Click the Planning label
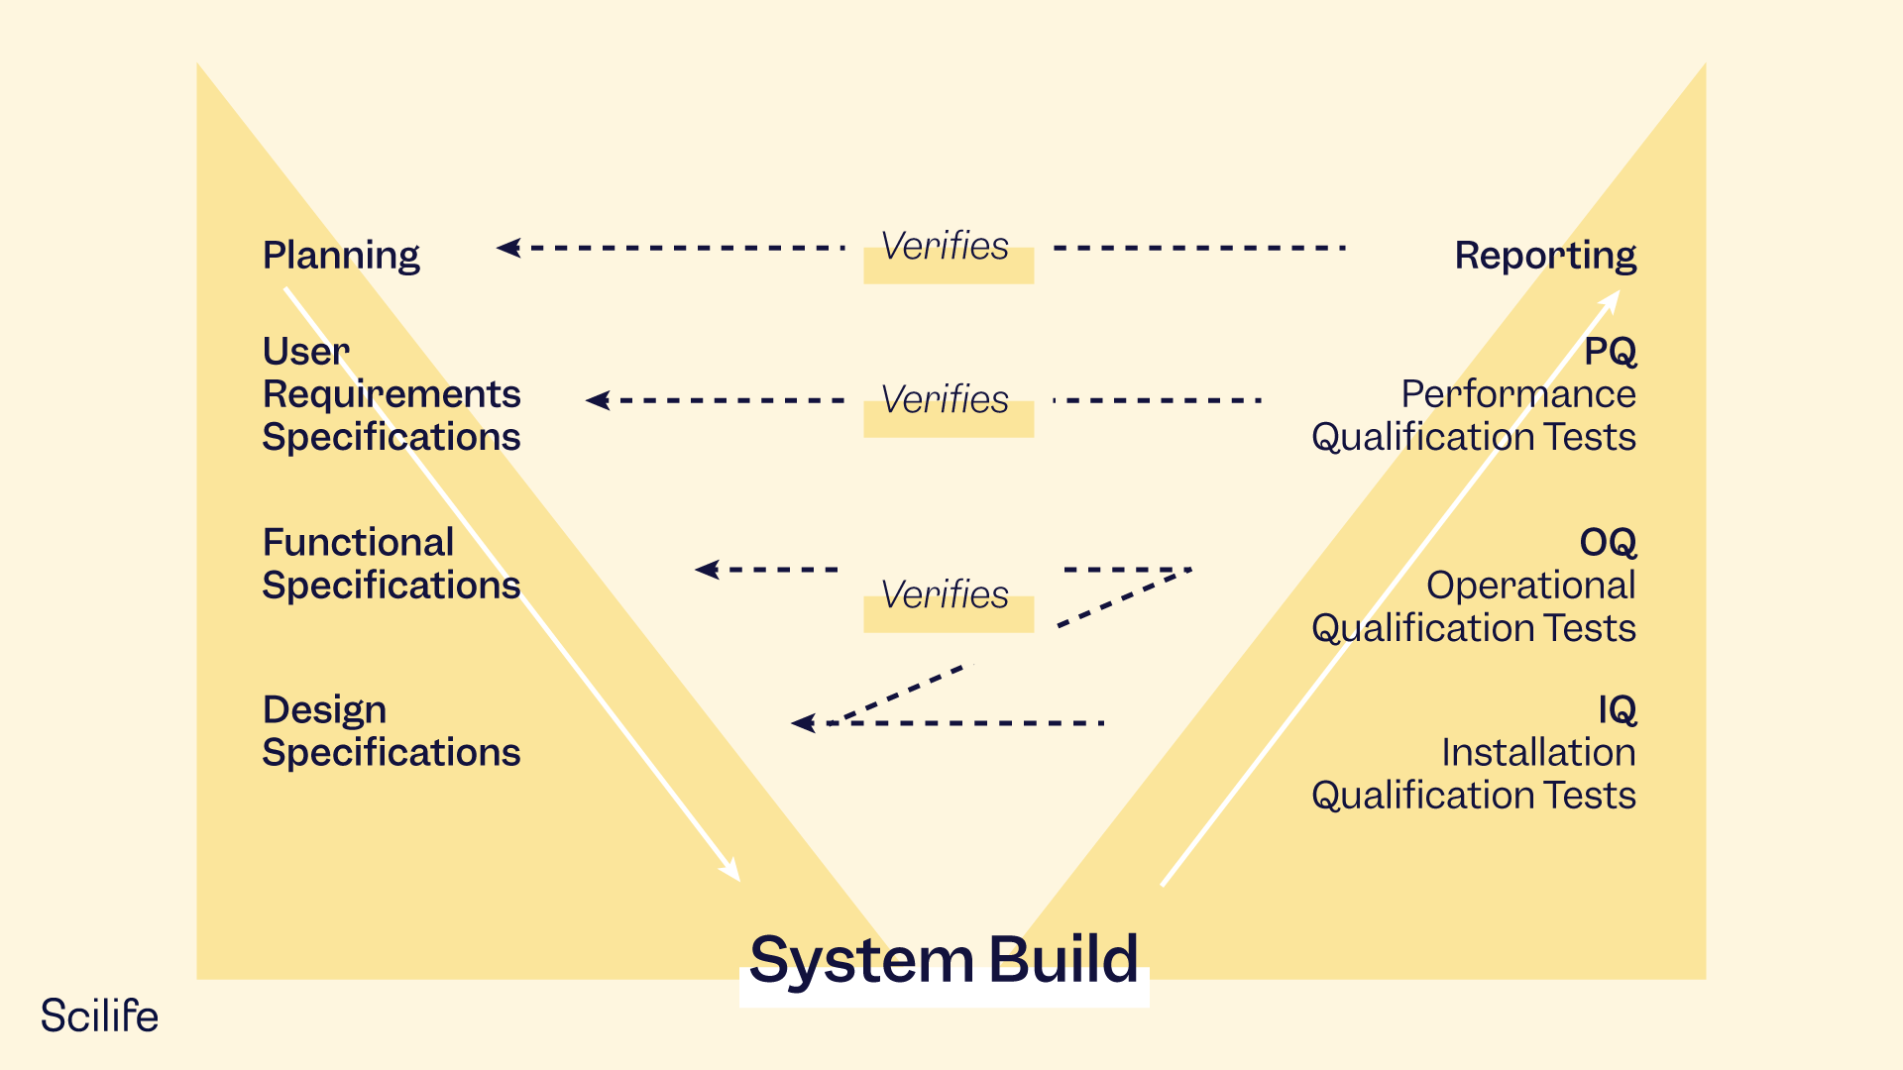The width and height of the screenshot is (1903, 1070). tap(341, 256)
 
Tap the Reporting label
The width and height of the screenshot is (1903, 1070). tap(1544, 256)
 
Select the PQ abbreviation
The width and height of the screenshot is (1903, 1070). tap(1610, 352)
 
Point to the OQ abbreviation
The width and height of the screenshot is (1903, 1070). tap(1607, 543)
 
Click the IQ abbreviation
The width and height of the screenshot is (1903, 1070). tap(1617, 710)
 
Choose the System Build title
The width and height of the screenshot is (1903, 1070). tap(944, 959)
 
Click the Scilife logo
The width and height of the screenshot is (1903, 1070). tap(99, 1016)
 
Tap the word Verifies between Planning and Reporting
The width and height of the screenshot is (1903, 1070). tap(945, 246)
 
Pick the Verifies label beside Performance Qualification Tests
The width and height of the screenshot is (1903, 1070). tap(945, 399)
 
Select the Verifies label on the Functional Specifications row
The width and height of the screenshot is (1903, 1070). tap(945, 594)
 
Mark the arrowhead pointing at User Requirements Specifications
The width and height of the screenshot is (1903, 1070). tap(598, 400)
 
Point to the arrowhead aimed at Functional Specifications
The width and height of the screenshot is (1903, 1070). tap(707, 570)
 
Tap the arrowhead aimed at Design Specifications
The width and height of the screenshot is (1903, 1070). tap(803, 723)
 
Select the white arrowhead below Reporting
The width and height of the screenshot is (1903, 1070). tap(1612, 299)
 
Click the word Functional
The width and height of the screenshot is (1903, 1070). tap(358, 543)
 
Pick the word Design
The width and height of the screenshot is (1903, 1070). tap(324, 710)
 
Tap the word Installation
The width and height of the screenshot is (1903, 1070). tap(1538, 753)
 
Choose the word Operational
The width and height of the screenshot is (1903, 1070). tap(1530, 586)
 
